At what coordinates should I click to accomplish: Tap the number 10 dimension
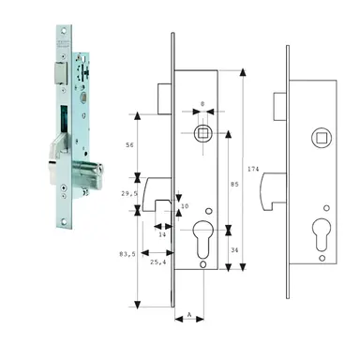(x=184, y=206)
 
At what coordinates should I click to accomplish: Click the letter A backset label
(x=190, y=316)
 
